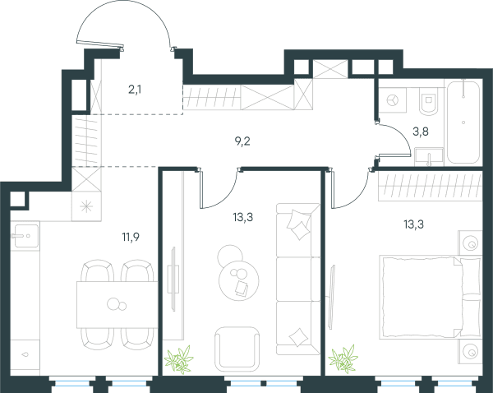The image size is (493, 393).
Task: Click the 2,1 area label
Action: tap(135, 90)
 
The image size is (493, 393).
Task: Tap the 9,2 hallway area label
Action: tap(242, 141)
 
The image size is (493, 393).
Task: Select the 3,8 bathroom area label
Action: tap(421, 132)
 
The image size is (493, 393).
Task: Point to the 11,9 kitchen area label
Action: tap(131, 237)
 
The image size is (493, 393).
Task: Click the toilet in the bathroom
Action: tap(428, 101)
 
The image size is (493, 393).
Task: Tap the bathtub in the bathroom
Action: tap(463, 122)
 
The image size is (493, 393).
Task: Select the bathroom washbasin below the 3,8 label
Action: tap(429, 156)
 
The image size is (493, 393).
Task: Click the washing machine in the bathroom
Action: tap(393, 100)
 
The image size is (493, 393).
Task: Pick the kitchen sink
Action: tap(25, 236)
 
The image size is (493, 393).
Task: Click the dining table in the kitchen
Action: tap(117, 304)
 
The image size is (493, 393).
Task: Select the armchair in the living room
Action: tap(237, 349)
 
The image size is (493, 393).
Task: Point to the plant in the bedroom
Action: tap(343, 359)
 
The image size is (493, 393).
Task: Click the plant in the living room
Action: tap(178, 359)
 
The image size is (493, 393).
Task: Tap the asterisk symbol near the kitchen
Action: tap(86, 206)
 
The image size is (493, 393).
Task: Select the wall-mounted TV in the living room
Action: tap(173, 280)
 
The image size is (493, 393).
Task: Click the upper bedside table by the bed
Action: tap(470, 243)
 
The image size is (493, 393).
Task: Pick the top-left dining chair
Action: tap(98, 271)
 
